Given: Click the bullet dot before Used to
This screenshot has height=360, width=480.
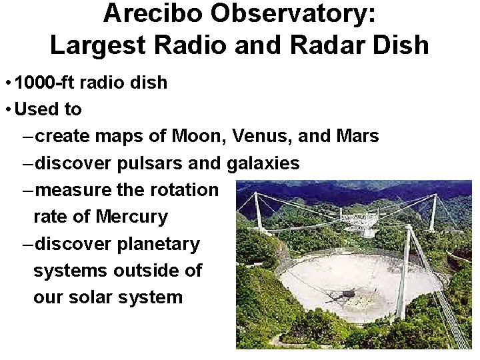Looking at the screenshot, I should [8, 109].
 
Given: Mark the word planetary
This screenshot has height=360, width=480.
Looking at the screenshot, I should [159, 244].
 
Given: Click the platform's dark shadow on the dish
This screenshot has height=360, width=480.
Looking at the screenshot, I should [343, 294].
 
